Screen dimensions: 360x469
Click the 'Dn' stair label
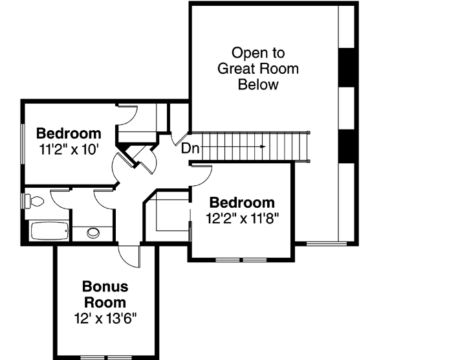point(190,148)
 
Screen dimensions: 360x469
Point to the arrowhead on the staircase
point(262,147)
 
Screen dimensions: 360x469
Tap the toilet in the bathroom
point(34,202)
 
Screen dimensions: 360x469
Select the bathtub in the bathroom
point(49,231)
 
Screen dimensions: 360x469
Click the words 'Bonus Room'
point(105,294)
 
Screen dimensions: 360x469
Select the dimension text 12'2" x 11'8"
point(242,218)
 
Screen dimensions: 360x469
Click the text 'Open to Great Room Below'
point(258,68)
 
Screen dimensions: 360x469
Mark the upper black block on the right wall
point(348,67)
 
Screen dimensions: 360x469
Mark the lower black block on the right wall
point(348,146)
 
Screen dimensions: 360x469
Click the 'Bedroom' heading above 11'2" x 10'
point(69,134)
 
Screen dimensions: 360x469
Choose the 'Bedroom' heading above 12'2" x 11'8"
point(242,203)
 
